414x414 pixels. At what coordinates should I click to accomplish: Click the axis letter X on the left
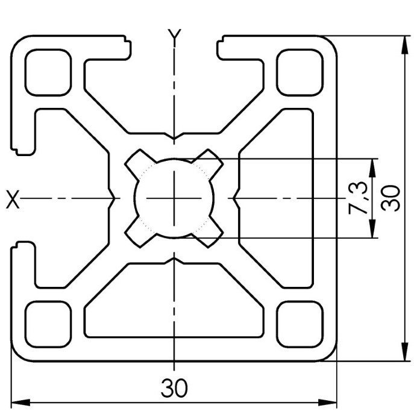13,199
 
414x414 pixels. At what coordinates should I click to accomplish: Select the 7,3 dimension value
357,198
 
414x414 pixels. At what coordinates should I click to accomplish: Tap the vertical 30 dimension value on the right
390,198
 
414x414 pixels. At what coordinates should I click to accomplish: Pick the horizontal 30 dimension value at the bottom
174,388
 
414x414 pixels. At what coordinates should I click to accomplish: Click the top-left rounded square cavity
48,72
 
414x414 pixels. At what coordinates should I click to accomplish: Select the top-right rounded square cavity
300,72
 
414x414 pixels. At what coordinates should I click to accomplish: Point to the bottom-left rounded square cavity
48,324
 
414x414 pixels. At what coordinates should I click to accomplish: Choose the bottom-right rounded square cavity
300,324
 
